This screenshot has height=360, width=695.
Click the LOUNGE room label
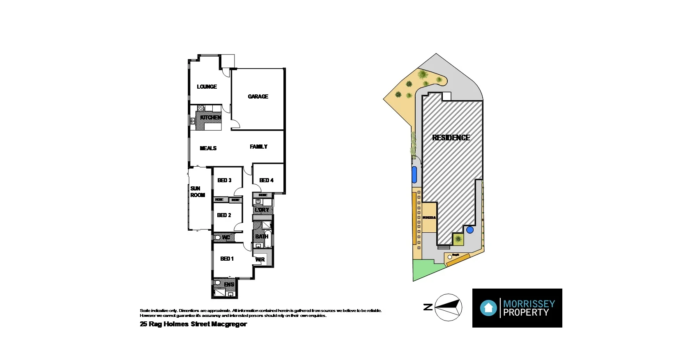point(207,87)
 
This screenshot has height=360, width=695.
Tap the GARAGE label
point(258,96)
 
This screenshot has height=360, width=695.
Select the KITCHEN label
point(211,117)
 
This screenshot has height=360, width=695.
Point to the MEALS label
point(208,148)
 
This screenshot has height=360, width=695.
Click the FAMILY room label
point(258,147)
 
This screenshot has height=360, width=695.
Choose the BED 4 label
point(266,180)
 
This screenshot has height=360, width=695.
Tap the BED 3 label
point(224,180)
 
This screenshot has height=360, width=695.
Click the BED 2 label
point(224,215)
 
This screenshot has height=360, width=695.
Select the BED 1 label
point(227,259)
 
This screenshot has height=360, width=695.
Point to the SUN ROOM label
point(197,192)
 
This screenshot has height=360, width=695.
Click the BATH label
point(262,236)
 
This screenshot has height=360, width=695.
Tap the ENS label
point(229,284)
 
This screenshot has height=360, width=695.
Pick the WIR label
point(260,259)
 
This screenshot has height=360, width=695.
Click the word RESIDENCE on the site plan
point(451,138)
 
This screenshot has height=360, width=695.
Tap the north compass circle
point(448,307)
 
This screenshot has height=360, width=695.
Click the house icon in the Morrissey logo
point(488,308)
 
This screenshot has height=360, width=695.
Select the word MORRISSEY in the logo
point(529,304)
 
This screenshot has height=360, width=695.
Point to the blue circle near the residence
point(470,230)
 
